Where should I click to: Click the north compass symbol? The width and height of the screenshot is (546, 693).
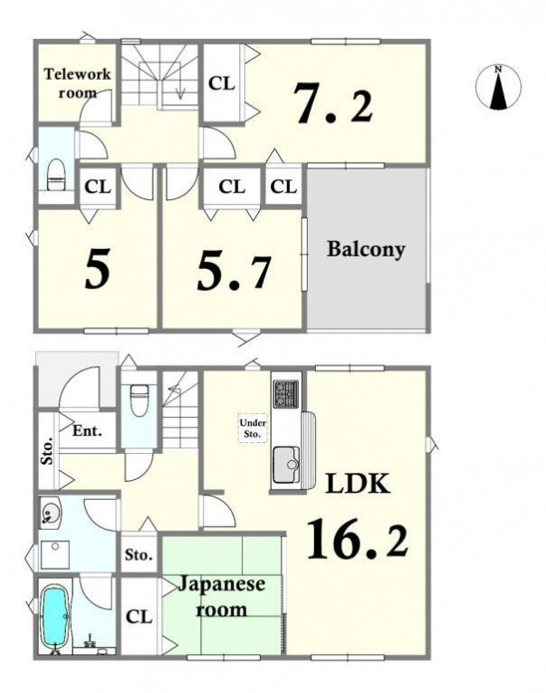click(498, 87)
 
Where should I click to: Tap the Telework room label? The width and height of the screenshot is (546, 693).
click(77, 82)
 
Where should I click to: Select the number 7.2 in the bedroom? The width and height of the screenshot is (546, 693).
click(334, 104)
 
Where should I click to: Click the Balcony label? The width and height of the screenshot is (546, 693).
click(366, 250)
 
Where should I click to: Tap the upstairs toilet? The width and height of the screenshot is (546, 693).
click(56, 175)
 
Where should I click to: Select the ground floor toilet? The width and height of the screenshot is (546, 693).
click(139, 400)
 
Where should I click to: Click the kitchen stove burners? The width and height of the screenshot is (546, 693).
click(286, 393)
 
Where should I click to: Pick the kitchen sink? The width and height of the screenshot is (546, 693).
click(286, 465)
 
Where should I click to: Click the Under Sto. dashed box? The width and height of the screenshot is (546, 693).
click(253, 428)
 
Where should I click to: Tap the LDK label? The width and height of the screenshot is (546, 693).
click(358, 484)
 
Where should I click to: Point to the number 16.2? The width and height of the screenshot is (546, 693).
click(358, 539)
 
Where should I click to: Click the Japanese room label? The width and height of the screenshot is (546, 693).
click(221, 597)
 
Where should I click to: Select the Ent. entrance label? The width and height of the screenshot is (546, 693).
click(88, 430)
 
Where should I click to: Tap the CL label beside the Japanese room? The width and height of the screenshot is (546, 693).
click(139, 617)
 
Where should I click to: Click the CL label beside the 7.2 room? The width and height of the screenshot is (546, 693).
click(221, 83)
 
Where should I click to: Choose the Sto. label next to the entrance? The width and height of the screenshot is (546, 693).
click(47, 450)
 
